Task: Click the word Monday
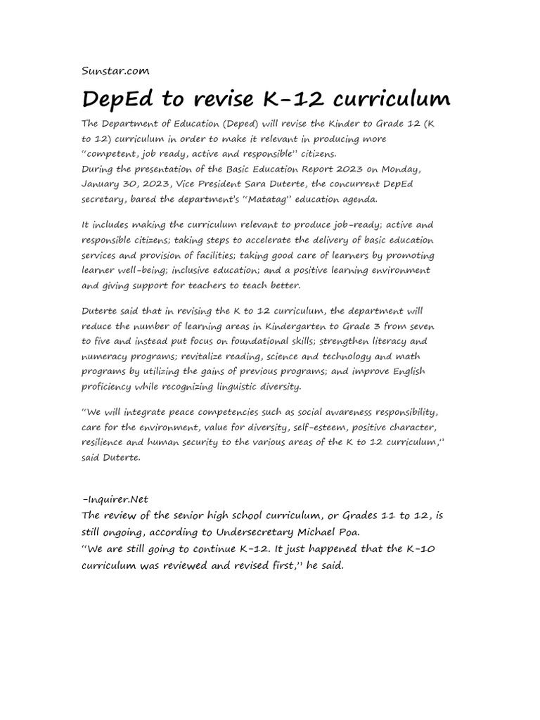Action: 409,169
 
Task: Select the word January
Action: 103,184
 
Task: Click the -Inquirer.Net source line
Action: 115,500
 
